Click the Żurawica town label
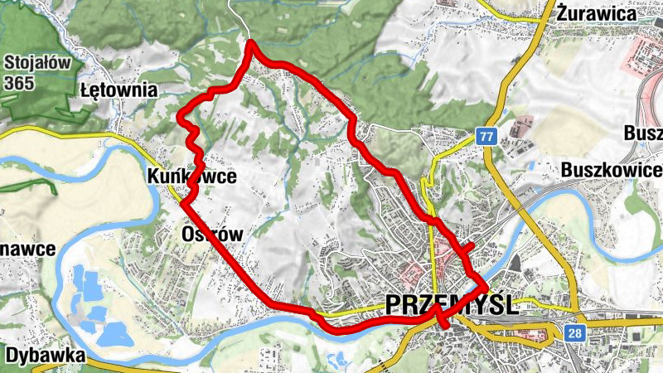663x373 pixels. tap(597, 13)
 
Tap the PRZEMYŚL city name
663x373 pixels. tap(452, 305)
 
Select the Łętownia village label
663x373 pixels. tap(119, 89)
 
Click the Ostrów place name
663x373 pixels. tap(212, 235)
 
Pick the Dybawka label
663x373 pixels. tap(45, 355)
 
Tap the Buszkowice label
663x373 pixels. tap(611, 169)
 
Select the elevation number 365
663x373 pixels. tap(19, 83)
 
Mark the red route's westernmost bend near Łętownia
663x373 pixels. tap(181, 119)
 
